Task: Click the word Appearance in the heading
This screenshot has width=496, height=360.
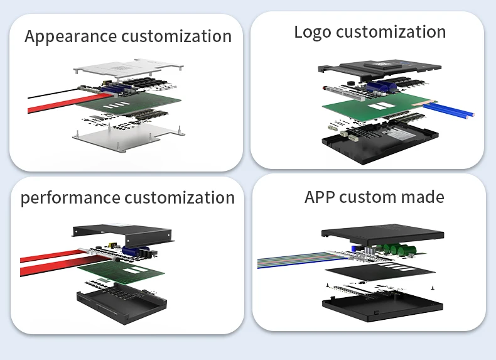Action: click(70, 36)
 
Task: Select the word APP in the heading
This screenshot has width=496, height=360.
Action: click(320, 197)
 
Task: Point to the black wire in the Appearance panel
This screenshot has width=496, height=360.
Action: click(53, 94)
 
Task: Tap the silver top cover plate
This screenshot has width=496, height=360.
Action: click(128, 68)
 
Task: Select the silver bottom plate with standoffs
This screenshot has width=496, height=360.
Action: click(129, 137)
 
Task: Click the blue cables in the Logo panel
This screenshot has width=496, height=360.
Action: click(449, 111)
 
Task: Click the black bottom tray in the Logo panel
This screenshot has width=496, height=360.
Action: click(380, 143)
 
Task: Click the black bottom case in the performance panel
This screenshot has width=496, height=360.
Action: click(122, 305)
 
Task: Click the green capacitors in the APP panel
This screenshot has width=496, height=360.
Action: click(399, 249)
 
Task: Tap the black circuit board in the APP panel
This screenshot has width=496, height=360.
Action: click(380, 271)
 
